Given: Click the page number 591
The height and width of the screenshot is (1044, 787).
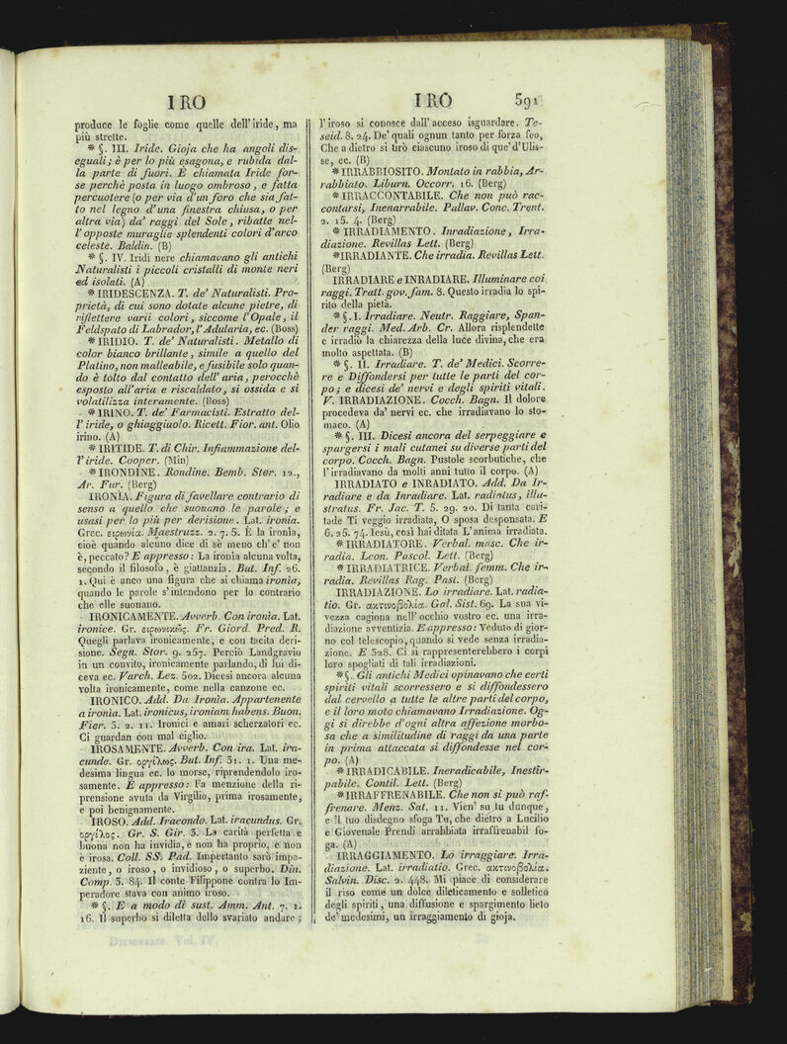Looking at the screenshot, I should point(531,100).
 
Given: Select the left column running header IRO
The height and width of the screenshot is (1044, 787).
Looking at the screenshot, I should point(186,101).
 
